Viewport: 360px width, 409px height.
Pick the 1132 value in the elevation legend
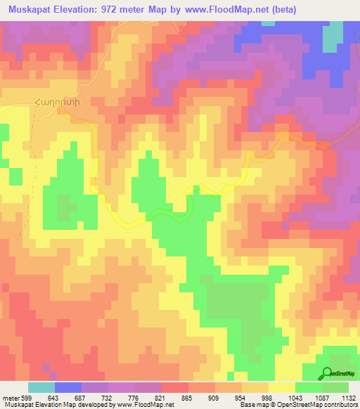[347, 397]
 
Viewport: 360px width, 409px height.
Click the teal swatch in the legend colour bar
[41, 387]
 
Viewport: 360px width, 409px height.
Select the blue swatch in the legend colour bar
[68, 387]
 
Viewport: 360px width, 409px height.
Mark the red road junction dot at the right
[323, 145]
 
